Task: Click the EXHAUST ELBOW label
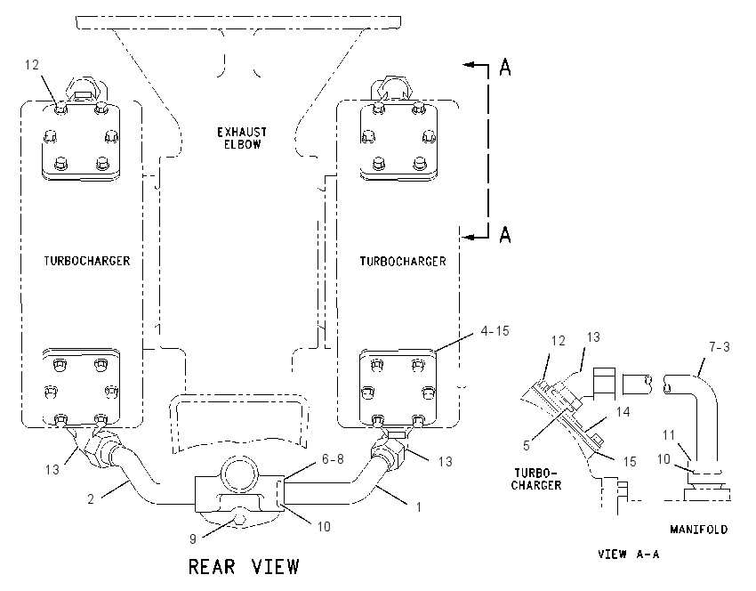(242, 138)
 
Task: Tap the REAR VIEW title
(244, 566)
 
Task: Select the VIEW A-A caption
(628, 554)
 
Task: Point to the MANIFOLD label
(698, 530)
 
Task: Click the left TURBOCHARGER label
(87, 261)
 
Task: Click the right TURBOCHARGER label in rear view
(403, 262)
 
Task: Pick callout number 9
(193, 538)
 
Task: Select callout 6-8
(333, 458)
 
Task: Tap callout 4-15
(495, 331)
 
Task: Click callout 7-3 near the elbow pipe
(720, 346)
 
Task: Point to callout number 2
(91, 498)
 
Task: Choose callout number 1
(419, 507)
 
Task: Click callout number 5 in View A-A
(527, 445)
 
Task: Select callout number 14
(623, 411)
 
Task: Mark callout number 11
(668, 435)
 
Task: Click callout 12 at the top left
(32, 64)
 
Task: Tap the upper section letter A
(505, 67)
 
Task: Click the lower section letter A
(505, 234)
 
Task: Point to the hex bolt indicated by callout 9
(239, 520)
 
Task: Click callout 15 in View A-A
(630, 462)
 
